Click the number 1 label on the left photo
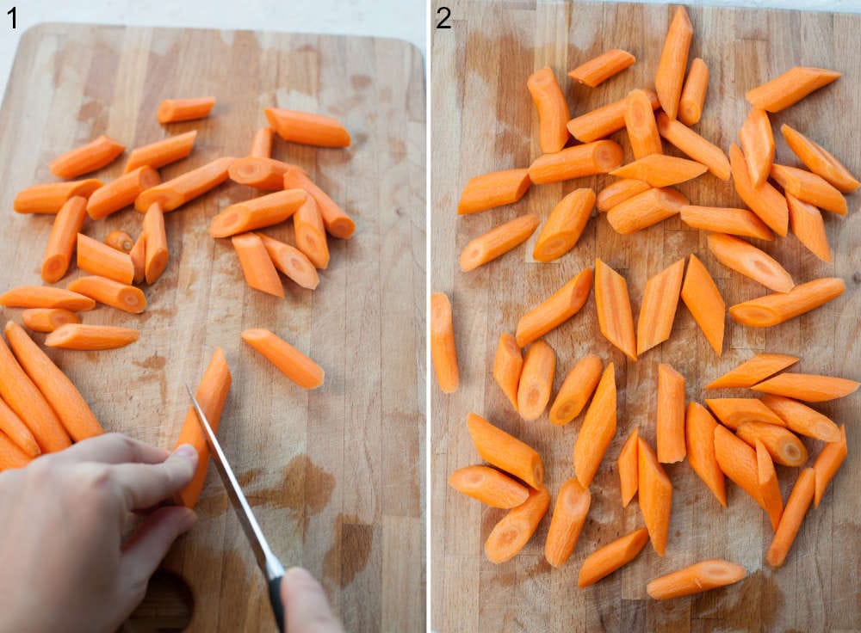12,17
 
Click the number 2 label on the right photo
443,17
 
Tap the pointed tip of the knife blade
189,389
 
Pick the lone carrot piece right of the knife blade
282,357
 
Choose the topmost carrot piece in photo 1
185,109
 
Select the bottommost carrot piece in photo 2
696,579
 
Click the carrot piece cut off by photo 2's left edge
443,341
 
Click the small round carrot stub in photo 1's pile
119,241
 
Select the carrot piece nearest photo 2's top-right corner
792,88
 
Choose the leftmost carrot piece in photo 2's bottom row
488,486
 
